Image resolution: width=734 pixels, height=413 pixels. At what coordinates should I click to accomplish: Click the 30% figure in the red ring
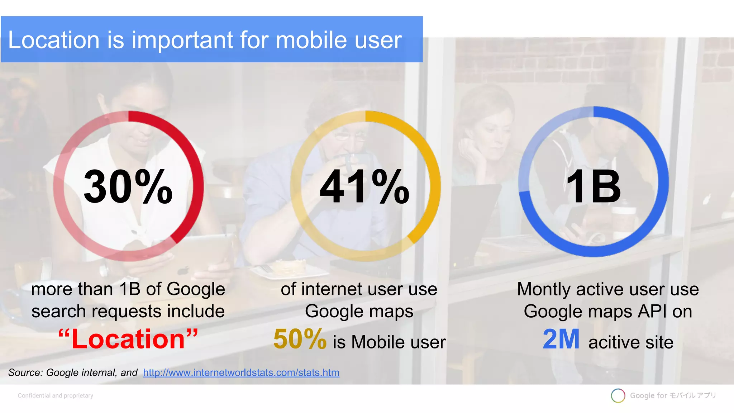click(x=128, y=187)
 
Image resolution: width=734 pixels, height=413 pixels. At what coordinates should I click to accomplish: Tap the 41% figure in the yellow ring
click(x=364, y=187)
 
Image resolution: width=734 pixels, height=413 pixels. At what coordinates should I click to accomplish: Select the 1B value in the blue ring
click(x=593, y=187)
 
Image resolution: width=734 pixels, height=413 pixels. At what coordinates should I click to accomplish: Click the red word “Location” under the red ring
click(x=128, y=339)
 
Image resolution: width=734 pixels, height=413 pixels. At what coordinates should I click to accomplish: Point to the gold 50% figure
click(x=300, y=339)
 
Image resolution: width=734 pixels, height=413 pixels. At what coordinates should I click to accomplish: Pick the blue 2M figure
click(x=561, y=339)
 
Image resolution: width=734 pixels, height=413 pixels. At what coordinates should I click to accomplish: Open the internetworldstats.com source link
click(x=241, y=373)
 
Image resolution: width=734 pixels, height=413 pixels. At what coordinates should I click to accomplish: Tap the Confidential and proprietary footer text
click(x=56, y=395)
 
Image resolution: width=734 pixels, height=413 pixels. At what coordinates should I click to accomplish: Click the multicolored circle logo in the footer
click(x=618, y=395)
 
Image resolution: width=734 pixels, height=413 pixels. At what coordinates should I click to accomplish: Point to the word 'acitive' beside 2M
click(x=614, y=342)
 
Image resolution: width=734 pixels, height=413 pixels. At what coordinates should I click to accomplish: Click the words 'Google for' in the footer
click(x=648, y=395)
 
